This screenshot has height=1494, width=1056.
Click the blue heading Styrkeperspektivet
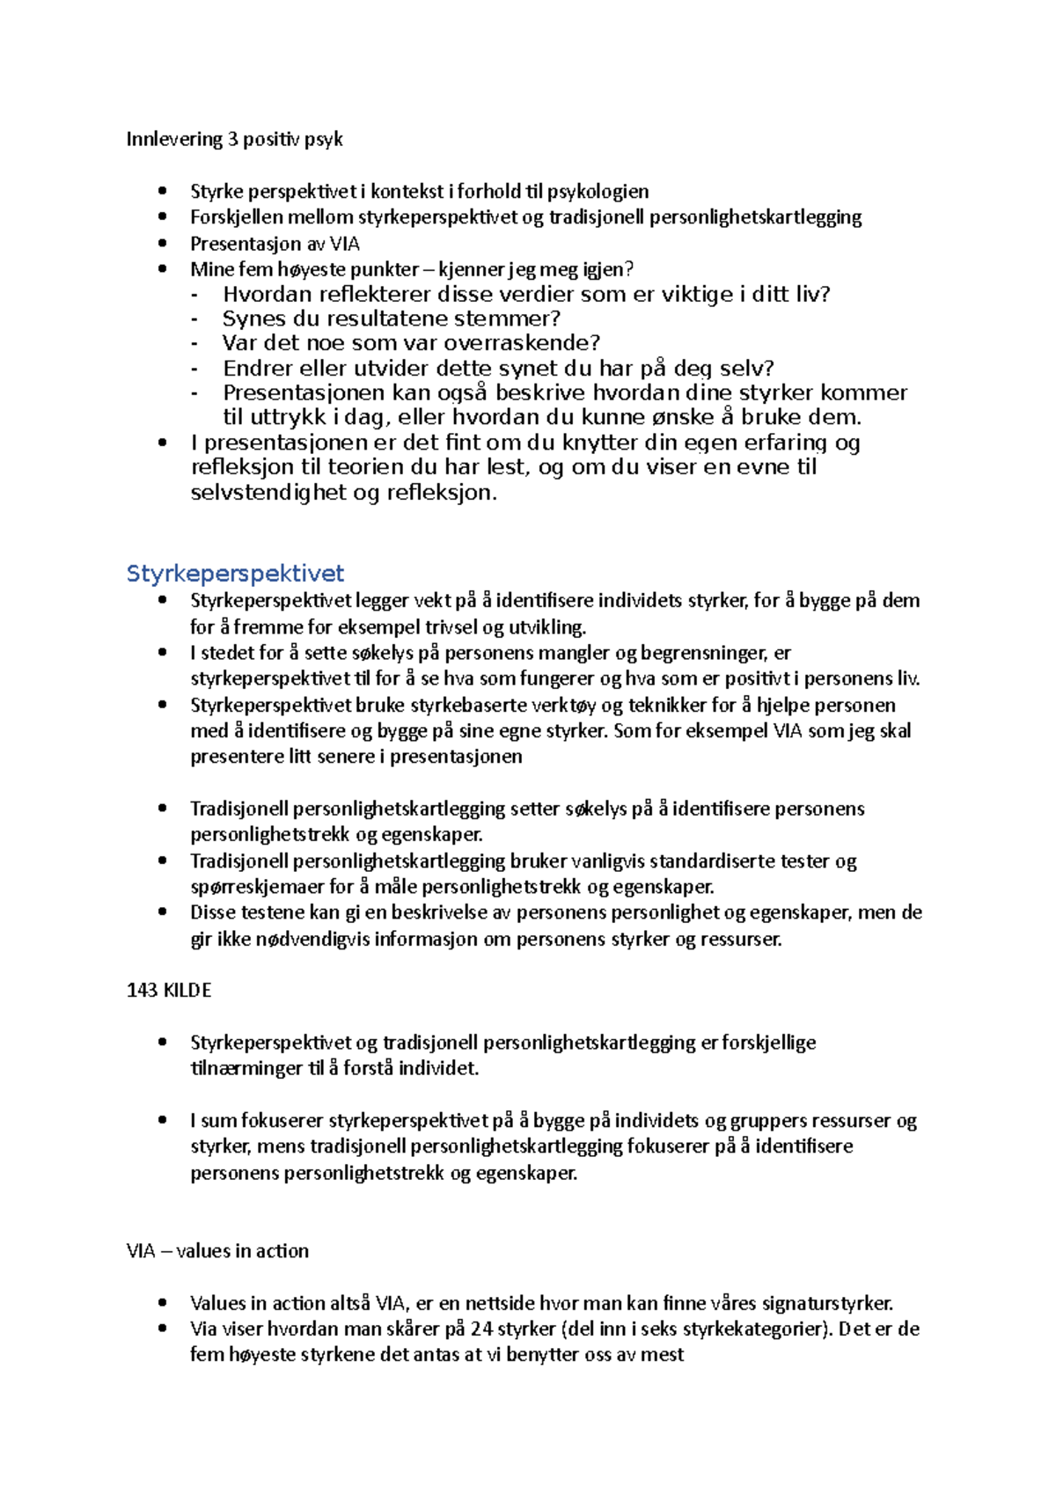[235, 574]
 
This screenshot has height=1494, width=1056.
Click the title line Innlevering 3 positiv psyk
[234, 139]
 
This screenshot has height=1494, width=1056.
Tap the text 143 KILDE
[169, 990]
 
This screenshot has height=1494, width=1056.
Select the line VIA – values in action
[217, 1250]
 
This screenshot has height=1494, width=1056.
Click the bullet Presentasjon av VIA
[275, 244]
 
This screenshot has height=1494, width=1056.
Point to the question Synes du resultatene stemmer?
[392, 319]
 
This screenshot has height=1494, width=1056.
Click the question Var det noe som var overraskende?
[411, 343]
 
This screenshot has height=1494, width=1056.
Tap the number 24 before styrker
[482, 1329]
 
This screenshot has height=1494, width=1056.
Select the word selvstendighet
[269, 493]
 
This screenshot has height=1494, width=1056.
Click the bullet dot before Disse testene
[162, 912]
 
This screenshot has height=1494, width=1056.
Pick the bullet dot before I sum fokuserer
[162, 1120]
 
